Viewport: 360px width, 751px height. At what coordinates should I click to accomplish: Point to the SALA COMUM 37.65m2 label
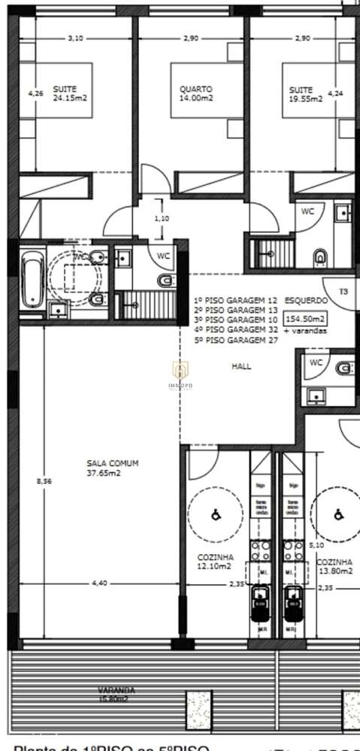tap(112, 468)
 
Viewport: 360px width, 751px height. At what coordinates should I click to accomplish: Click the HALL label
tap(242, 367)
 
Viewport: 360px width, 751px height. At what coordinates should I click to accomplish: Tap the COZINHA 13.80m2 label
tap(334, 566)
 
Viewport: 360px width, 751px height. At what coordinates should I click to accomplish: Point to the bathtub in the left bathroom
tap(32, 279)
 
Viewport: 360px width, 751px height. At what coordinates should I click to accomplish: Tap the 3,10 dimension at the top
tap(74, 38)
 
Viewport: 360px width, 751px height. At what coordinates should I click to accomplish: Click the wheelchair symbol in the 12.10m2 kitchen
tap(215, 516)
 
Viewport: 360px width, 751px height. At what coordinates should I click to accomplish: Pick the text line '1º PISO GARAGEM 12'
tap(235, 299)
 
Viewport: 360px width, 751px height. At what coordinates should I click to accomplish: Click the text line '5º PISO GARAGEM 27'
tap(235, 340)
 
